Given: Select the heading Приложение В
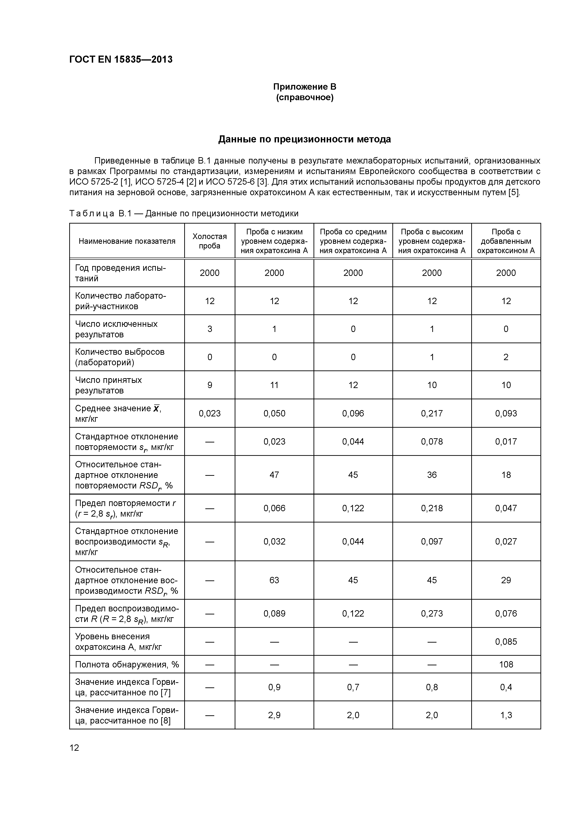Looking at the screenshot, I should point(304,87).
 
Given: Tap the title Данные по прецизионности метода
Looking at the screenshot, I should point(304,139).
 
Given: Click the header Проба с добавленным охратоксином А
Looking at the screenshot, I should point(506,241).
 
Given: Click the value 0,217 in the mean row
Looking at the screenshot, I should point(432,413).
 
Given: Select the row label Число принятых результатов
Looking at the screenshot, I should point(109,385).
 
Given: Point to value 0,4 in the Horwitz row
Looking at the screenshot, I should point(506,687).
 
